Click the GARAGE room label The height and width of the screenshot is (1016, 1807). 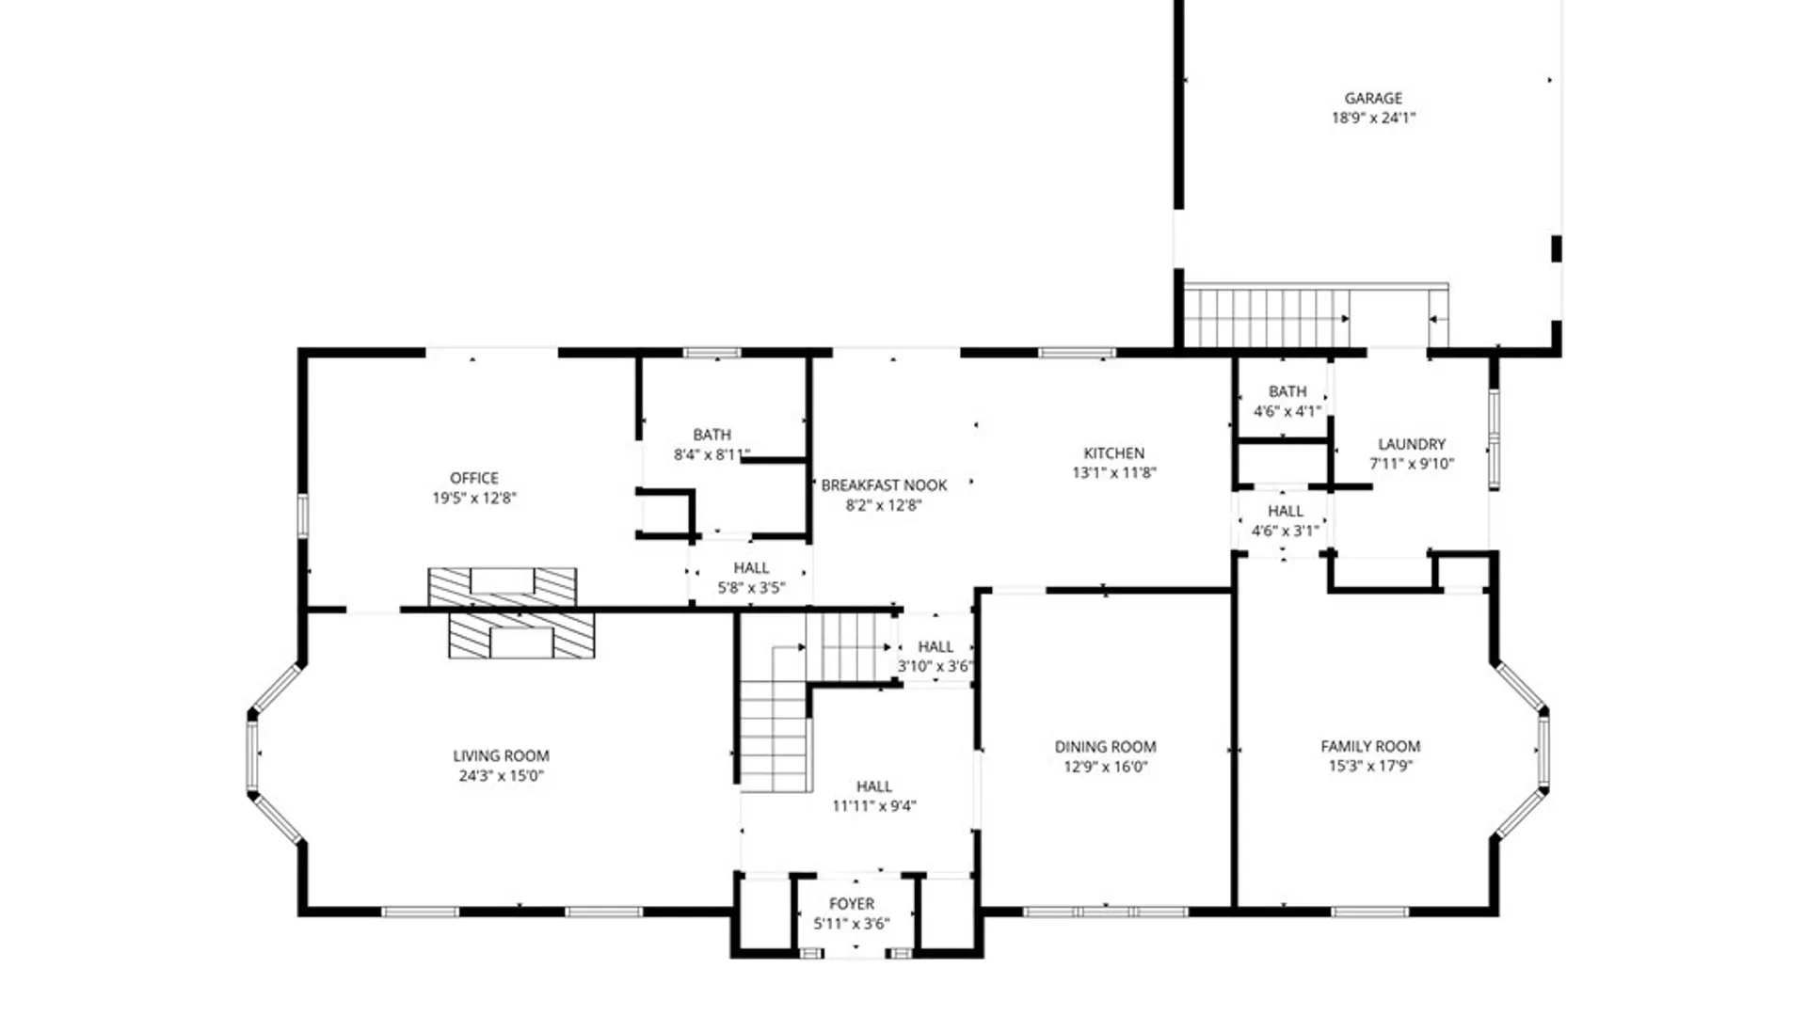click(x=1373, y=98)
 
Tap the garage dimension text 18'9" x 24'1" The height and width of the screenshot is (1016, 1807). click(x=1373, y=119)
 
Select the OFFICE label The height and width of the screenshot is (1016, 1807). click(x=473, y=478)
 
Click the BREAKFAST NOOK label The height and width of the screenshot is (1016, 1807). click(x=884, y=485)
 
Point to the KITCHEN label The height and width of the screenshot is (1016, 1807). click(x=1113, y=453)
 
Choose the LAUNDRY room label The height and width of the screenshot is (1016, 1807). click(x=1411, y=444)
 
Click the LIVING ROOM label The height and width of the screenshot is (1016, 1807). click(x=501, y=755)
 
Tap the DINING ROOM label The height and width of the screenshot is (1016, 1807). click(x=1105, y=747)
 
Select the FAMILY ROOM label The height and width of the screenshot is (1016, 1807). click(x=1370, y=746)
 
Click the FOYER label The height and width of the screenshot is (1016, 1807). click(x=852, y=903)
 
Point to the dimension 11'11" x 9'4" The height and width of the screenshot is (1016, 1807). click(x=873, y=806)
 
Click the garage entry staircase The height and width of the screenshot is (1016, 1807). click(x=1266, y=318)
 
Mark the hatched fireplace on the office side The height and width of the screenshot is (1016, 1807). click(x=502, y=587)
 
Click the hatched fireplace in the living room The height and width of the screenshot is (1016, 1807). click(x=520, y=636)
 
